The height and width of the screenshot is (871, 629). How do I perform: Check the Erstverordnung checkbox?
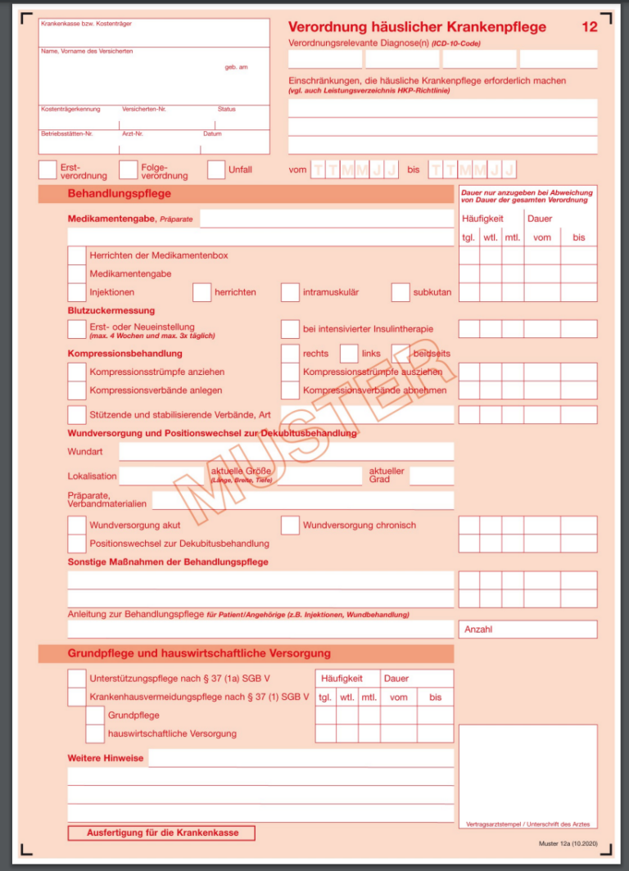48,169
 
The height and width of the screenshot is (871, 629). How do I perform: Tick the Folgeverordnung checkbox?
129,169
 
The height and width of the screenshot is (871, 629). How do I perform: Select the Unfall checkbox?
216,169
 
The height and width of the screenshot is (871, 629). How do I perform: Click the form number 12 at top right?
590,27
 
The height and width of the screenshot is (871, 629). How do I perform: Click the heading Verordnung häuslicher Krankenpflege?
417,27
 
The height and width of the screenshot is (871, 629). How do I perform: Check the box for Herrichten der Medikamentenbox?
76,255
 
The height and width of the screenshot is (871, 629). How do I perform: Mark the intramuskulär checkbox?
290,292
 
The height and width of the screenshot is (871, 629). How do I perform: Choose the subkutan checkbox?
400,292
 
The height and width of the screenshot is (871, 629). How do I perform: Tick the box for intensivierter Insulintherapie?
290,329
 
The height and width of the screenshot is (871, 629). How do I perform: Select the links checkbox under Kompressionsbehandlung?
349,354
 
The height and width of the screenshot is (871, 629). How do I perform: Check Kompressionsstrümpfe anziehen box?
76,372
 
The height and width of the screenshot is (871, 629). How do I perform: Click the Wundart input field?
286,451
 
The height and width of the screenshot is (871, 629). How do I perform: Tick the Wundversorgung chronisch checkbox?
290,525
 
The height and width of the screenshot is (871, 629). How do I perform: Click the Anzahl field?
527,630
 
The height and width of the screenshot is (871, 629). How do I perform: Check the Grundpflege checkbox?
95,715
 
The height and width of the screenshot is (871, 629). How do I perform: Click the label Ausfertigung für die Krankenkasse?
162,833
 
